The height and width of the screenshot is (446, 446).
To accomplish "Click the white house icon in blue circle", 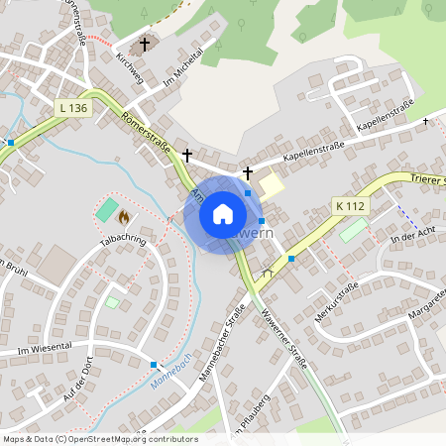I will coord(223,213).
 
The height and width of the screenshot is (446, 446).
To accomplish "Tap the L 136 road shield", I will coord(73,108).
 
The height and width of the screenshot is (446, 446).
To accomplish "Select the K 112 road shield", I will coord(350,206).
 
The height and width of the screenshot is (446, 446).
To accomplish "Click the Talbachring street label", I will coord(122,241).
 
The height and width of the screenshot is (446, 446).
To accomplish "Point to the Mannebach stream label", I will coord(168,373).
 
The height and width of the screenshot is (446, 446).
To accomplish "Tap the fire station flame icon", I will coord(124,215).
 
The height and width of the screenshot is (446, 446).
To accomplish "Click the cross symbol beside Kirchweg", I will coord(146,44).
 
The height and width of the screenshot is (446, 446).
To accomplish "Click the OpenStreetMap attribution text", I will coord(99,439).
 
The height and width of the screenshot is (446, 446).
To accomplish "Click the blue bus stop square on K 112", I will coord(291,258).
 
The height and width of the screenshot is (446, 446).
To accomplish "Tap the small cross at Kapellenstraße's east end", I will coord(426,121).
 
